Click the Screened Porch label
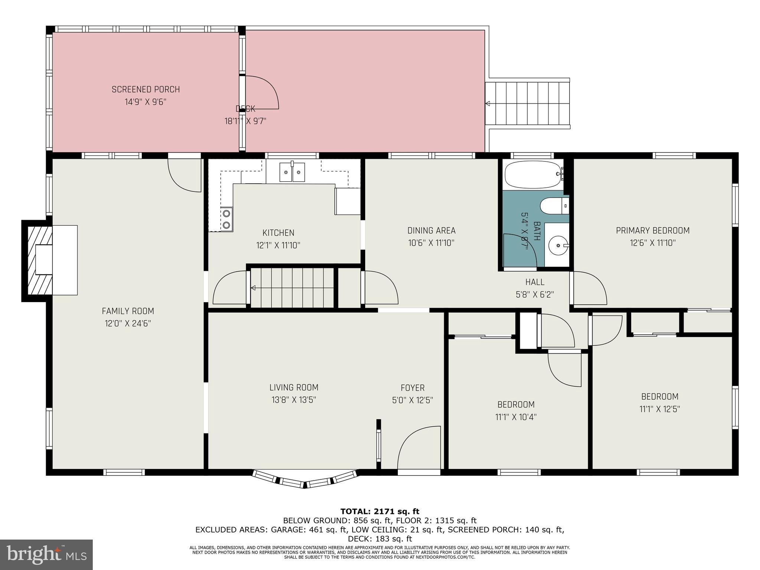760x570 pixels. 145,89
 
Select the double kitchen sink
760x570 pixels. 292,173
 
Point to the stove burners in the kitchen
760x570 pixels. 226,219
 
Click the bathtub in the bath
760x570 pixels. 533,175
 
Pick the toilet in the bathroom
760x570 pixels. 553,206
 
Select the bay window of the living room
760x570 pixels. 305,479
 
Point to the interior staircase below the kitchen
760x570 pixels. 292,288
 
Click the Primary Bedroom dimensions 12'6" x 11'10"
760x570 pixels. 652,243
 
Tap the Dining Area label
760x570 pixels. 431,230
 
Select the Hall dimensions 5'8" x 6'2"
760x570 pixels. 535,295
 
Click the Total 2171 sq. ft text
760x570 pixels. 380,512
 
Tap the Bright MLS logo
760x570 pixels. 46,554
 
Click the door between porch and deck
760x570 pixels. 261,93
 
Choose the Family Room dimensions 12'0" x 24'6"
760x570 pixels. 128,324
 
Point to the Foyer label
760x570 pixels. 412,388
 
